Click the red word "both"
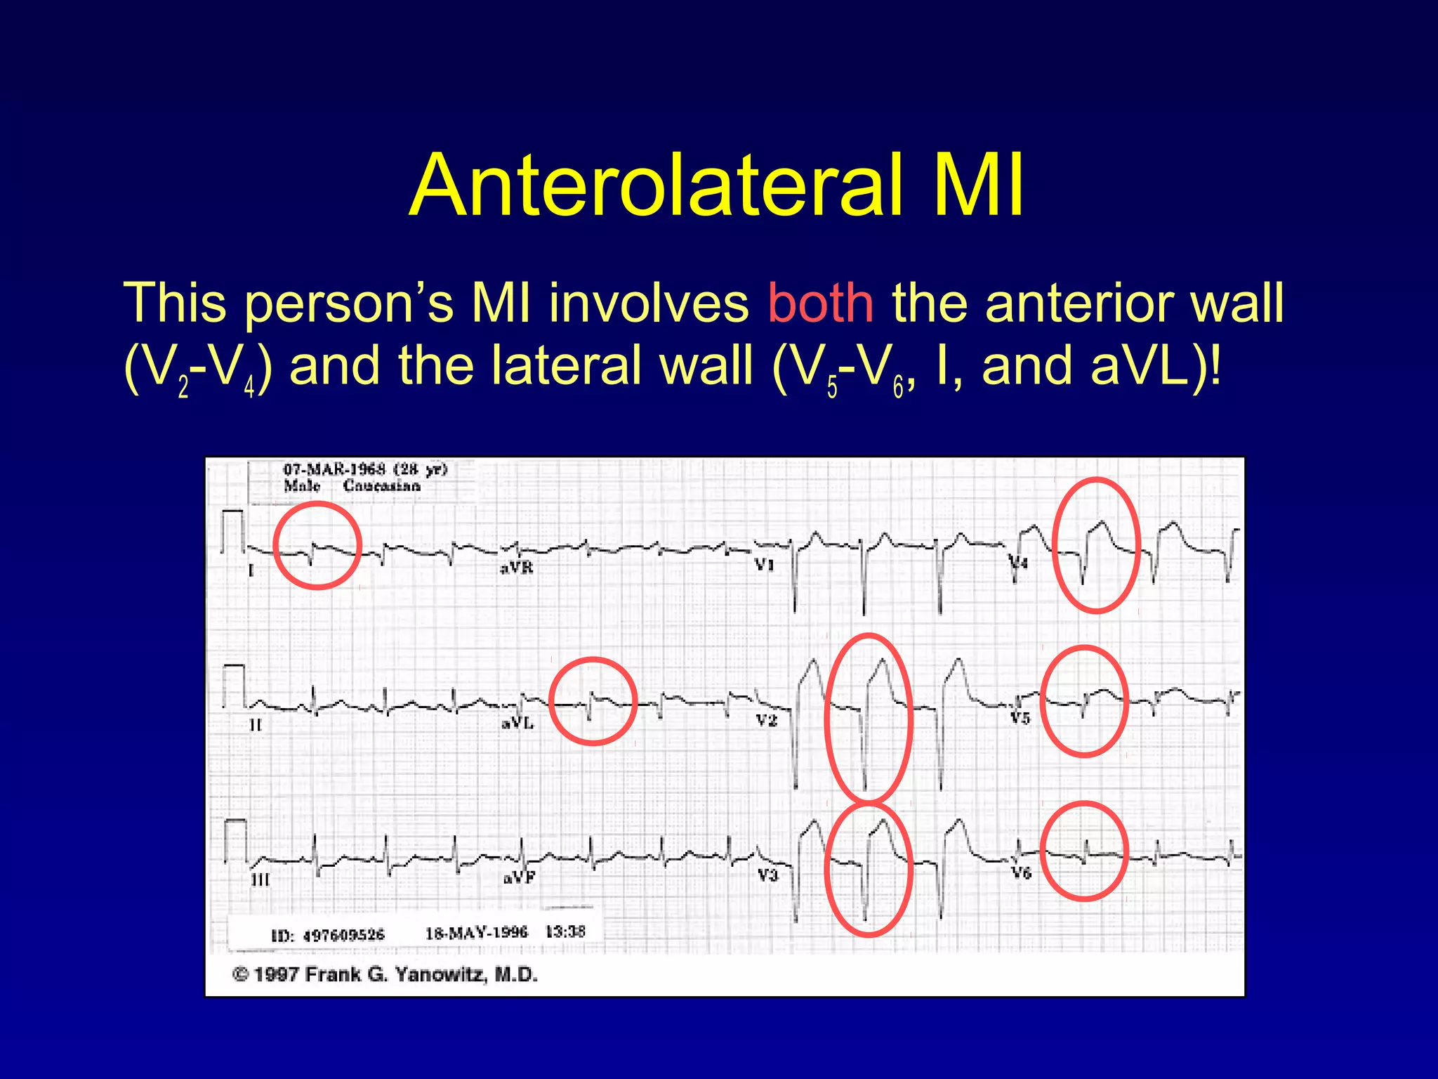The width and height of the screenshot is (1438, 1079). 820,303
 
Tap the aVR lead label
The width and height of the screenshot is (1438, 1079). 517,568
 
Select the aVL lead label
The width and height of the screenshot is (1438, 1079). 517,723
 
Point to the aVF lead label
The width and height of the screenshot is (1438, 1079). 519,878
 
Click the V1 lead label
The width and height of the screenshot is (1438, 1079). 765,565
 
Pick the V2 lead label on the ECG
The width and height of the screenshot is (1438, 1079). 767,720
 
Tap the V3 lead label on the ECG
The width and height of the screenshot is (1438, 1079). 767,875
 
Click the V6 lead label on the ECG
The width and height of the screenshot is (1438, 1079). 1020,873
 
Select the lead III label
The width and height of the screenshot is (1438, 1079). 260,879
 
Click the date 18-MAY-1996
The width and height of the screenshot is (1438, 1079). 476,933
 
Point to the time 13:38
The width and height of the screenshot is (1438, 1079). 565,932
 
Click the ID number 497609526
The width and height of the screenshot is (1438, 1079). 343,935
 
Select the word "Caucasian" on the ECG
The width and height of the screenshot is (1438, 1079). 381,486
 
